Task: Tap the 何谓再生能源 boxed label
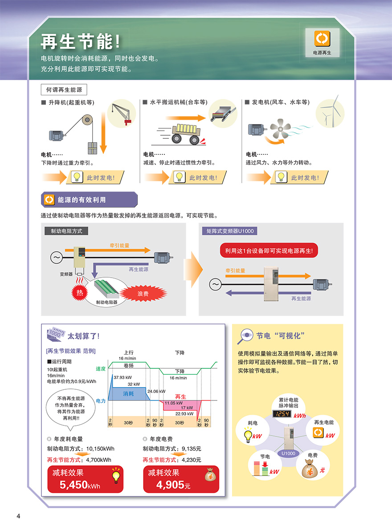pos(64,90)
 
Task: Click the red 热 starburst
pos(80,292)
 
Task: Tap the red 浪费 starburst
pos(143,294)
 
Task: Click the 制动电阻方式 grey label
pos(66,231)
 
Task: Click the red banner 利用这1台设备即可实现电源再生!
pos(269,251)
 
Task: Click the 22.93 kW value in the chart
pos(184,413)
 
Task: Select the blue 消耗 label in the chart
pos(128,394)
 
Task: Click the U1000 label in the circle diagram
pos(288,453)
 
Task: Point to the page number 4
pos(18,516)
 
